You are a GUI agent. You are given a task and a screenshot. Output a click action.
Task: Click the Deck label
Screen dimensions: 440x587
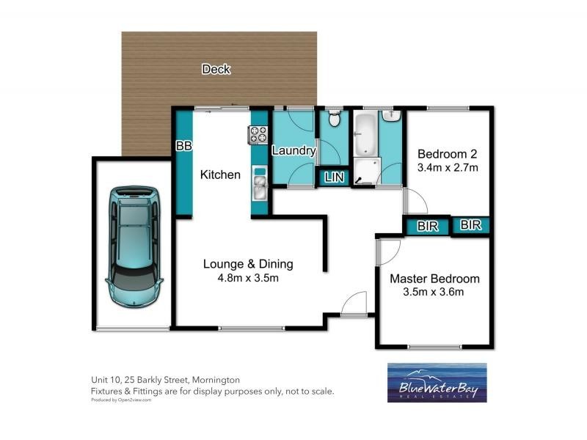[x=216, y=70]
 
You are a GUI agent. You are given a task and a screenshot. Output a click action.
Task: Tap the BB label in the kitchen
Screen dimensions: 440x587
[x=183, y=146]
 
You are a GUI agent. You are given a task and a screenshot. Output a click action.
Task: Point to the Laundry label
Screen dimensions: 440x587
[x=293, y=151]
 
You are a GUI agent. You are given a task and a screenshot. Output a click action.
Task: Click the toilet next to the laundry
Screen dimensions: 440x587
[x=334, y=118]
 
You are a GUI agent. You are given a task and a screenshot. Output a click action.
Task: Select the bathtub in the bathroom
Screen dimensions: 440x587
[x=364, y=133]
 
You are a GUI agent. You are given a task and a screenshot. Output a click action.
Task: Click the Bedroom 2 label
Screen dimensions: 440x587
[x=448, y=154]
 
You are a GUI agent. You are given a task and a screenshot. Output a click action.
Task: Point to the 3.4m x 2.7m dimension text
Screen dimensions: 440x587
[x=448, y=168]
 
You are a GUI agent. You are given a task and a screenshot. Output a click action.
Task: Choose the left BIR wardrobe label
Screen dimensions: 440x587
[x=427, y=227]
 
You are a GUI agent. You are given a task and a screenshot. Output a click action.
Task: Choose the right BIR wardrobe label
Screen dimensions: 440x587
[x=471, y=226]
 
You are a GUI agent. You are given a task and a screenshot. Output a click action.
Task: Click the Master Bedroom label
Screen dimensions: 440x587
[x=434, y=279]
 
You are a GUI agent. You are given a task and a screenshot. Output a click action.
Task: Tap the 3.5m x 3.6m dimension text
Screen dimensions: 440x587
[x=434, y=293]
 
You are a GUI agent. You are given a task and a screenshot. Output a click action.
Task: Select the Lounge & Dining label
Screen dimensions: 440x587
[x=241, y=264]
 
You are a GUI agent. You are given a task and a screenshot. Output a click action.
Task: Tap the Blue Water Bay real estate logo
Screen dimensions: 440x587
[x=438, y=384]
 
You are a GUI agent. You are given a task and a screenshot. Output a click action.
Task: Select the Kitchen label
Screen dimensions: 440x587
[x=220, y=175]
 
